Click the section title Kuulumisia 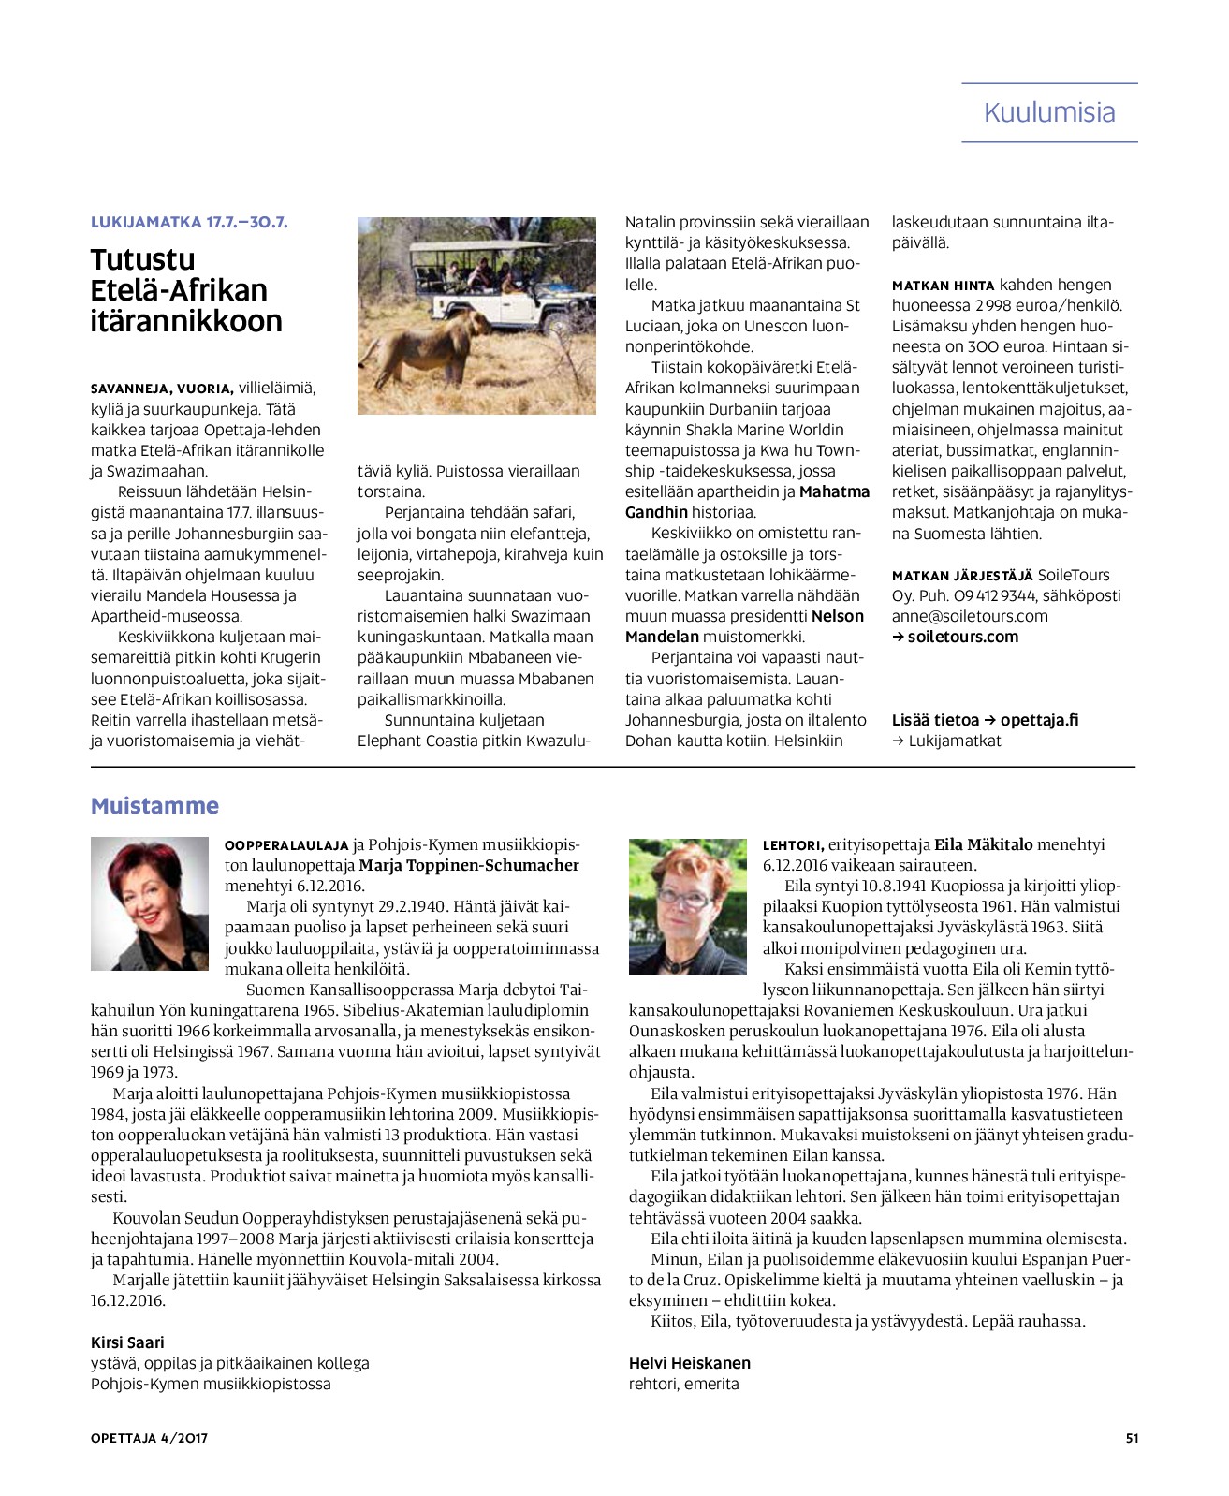point(1049,112)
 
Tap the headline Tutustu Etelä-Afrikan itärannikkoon point(185,290)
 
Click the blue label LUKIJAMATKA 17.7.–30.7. point(189,222)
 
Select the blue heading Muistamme point(154,806)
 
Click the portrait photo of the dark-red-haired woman point(150,902)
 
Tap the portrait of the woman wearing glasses point(688,905)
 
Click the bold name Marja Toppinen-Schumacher point(469,865)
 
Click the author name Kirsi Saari point(127,1342)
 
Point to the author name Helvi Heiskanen point(690,1363)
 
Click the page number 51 point(1132,1438)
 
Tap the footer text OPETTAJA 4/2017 point(149,1438)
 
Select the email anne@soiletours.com point(970,616)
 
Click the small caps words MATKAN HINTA point(943,286)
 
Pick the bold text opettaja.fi point(1039,720)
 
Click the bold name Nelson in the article point(838,616)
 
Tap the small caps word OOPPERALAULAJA point(286,845)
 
